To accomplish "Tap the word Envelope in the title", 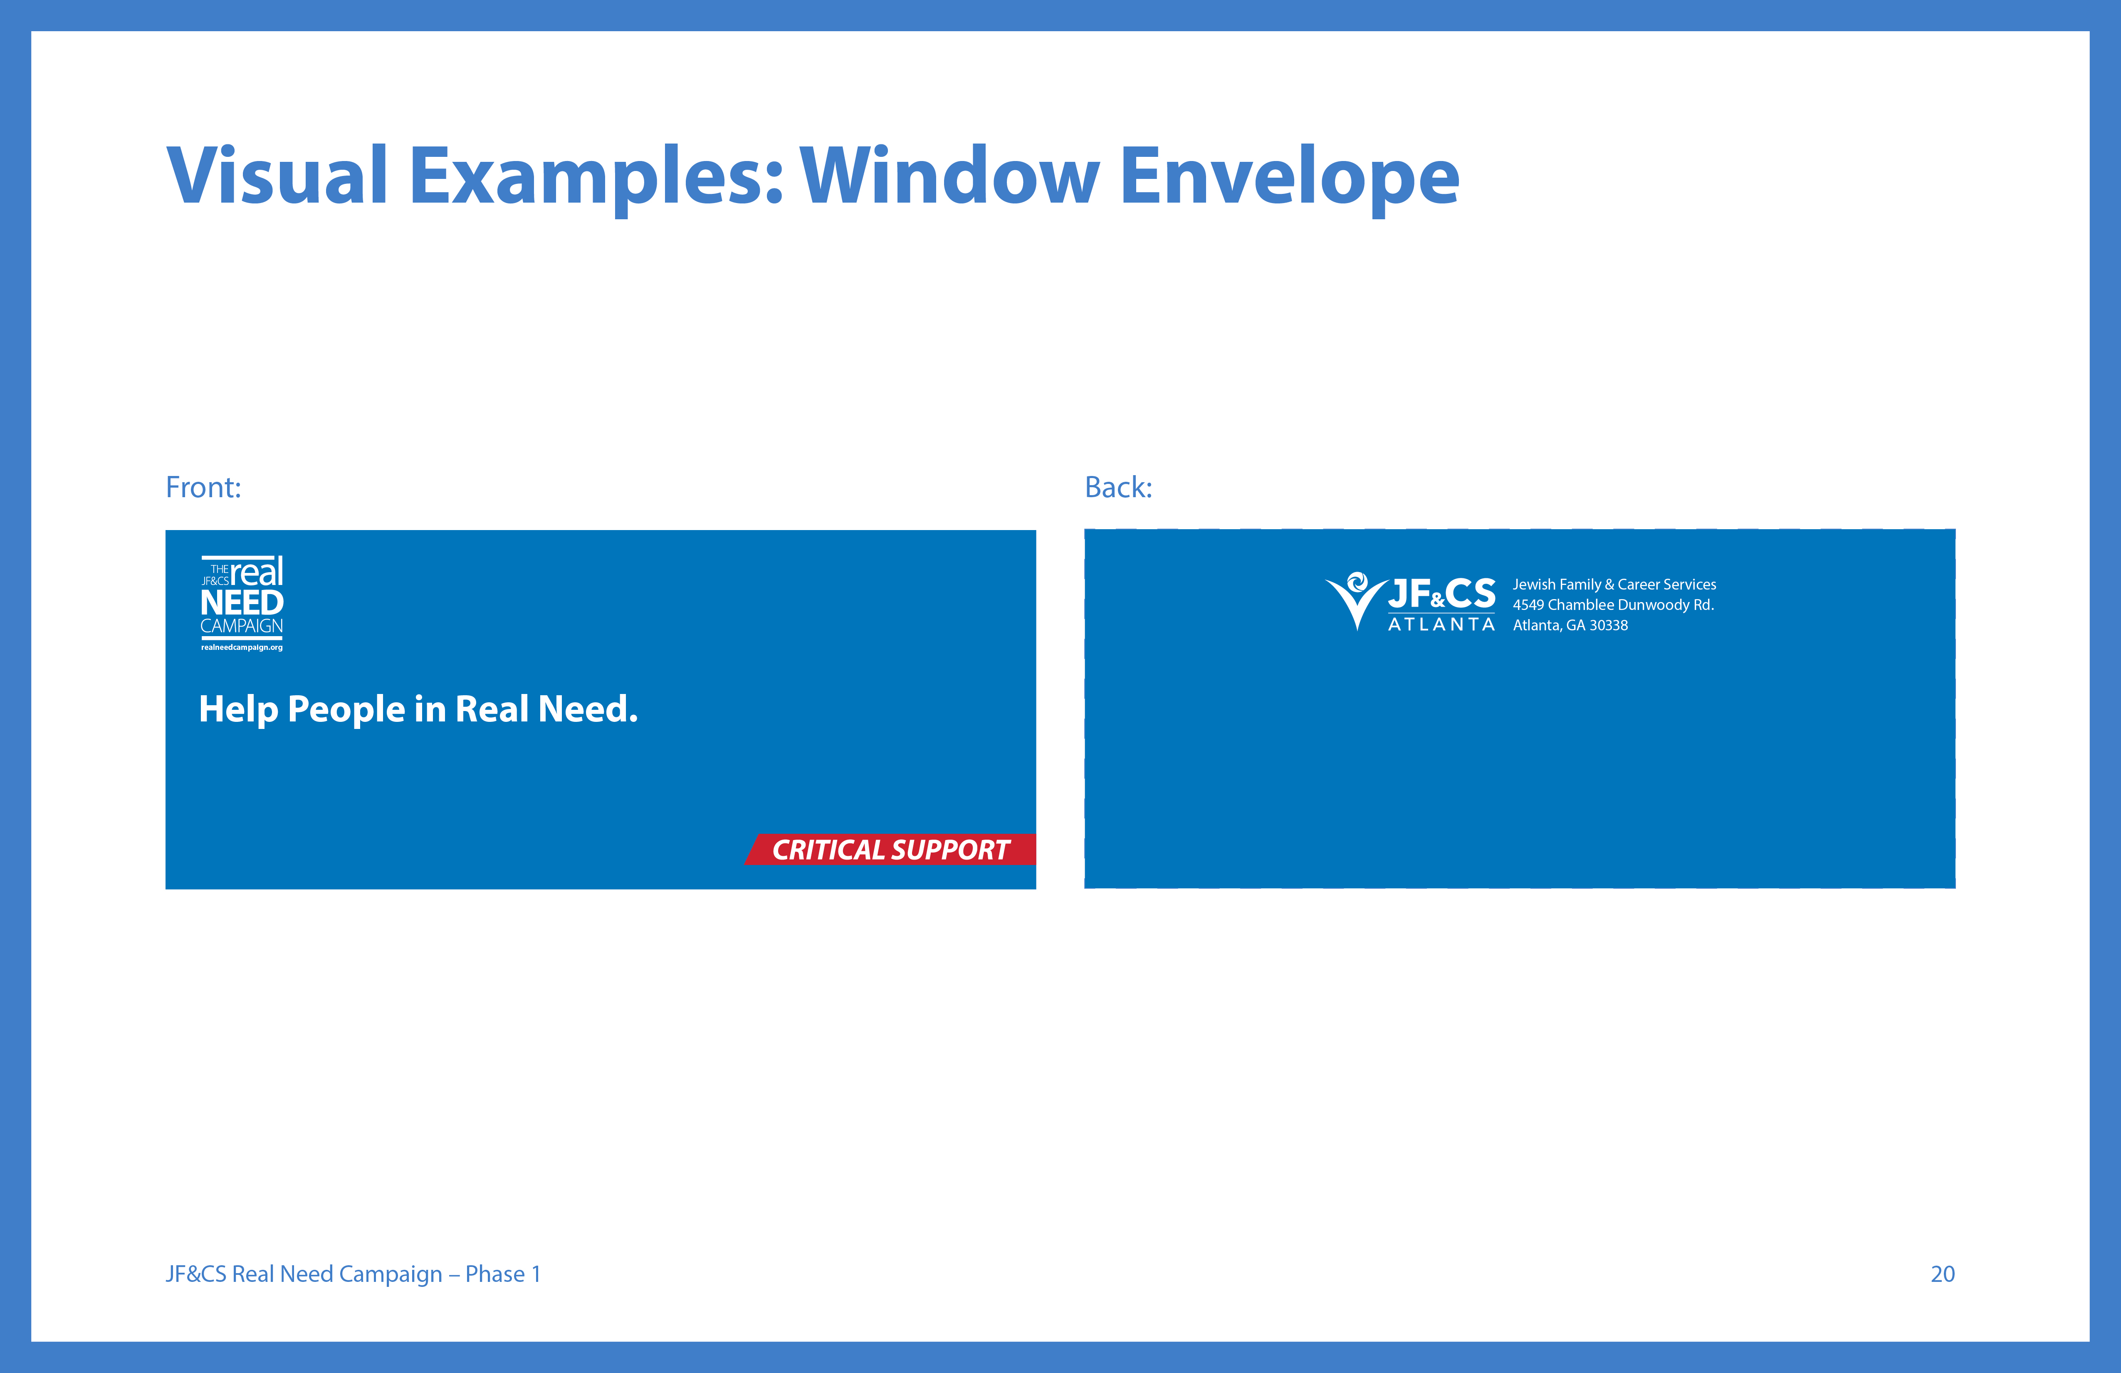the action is [x=1290, y=178].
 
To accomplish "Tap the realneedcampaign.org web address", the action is [x=242, y=647].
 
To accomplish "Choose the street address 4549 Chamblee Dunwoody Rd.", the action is [x=1613, y=605].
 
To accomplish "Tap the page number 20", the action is [x=1943, y=1274].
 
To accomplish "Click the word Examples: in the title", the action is [x=596, y=178].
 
